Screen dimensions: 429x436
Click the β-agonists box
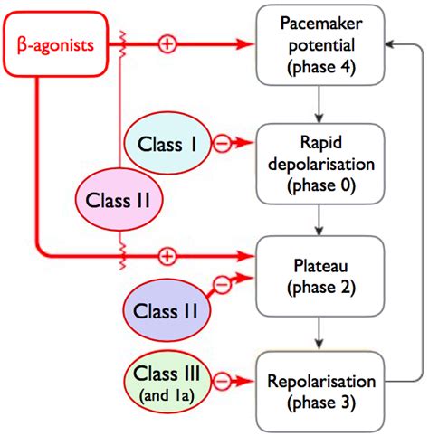(55, 44)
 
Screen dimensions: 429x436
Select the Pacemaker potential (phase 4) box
(320, 45)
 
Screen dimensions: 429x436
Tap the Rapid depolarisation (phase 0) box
(320, 164)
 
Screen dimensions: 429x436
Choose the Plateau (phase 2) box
(320, 276)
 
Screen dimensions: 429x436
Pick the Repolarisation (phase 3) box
(320, 392)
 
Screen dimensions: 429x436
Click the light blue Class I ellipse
(167, 144)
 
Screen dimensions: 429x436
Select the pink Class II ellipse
(119, 200)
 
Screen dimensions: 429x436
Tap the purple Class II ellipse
(167, 310)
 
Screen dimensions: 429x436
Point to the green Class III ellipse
(167, 382)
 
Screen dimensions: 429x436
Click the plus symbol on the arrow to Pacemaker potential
(167, 44)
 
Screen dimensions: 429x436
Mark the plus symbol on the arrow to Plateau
(167, 256)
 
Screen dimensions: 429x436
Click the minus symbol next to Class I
(222, 143)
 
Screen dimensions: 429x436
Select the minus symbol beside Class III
(222, 381)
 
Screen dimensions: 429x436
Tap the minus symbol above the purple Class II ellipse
(222, 284)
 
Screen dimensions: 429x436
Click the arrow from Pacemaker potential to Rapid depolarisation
(319, 104)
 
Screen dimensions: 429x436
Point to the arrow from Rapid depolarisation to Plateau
(319, 220)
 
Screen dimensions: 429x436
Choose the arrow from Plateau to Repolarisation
(319, 333)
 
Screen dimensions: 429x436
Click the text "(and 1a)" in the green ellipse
(167, 395)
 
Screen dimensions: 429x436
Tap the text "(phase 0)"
(321, 185)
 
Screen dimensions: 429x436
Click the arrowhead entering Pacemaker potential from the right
(390, 44)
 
